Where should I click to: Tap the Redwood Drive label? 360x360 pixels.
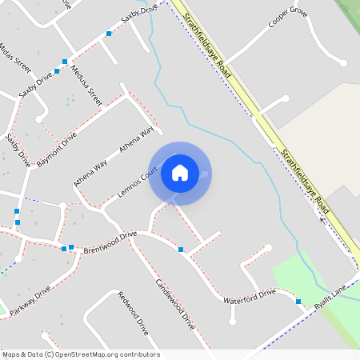(134, 313)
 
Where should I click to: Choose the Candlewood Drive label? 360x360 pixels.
(175, 305)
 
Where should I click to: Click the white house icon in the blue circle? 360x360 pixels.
(180, 172)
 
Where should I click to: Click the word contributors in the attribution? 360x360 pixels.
(140, 354)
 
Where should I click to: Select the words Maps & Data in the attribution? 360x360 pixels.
(22, 354)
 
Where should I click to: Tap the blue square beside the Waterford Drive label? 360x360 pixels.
(298, 302)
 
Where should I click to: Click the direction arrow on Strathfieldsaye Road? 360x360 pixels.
(323, 218)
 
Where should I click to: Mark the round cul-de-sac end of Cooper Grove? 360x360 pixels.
(342, 62)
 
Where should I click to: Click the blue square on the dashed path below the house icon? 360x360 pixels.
(182, 250)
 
